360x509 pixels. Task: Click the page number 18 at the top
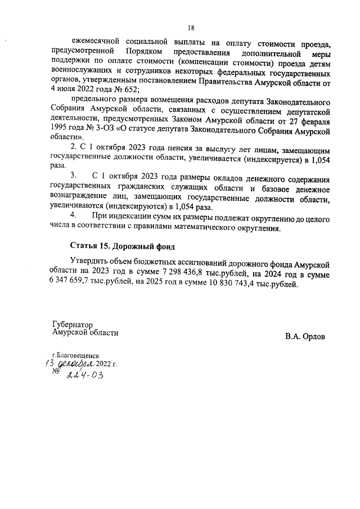click(x=191, y=27)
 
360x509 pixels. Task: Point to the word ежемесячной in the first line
click(x=96, y=42)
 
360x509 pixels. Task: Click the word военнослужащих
click(x=80, y=71)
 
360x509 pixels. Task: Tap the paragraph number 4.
click(x=73, y=215)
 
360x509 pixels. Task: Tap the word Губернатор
click(x=71, y=325)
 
